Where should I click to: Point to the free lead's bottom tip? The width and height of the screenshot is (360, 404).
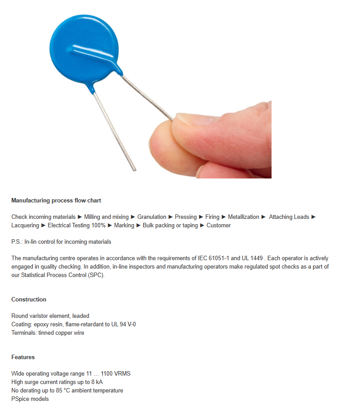tap(134, 169)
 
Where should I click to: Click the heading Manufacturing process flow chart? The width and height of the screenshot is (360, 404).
tap(56, 201)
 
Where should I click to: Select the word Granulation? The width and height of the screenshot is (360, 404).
tap(152, 217)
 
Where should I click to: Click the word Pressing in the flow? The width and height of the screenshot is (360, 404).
tap(186, 217)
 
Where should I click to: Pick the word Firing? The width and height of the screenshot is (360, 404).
tap(212, 217)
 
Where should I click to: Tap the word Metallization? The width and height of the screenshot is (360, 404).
tap(244, 217)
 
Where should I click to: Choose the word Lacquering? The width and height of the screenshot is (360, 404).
tap(25, 226)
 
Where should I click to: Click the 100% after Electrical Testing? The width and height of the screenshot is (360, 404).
tap(99, 226)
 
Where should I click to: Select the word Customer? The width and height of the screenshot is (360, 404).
tap(219, 226)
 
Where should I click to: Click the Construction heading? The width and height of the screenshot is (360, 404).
tap(29, 300)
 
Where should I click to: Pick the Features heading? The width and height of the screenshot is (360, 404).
tap(23, 357)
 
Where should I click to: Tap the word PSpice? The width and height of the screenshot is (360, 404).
tap(20, 399)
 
